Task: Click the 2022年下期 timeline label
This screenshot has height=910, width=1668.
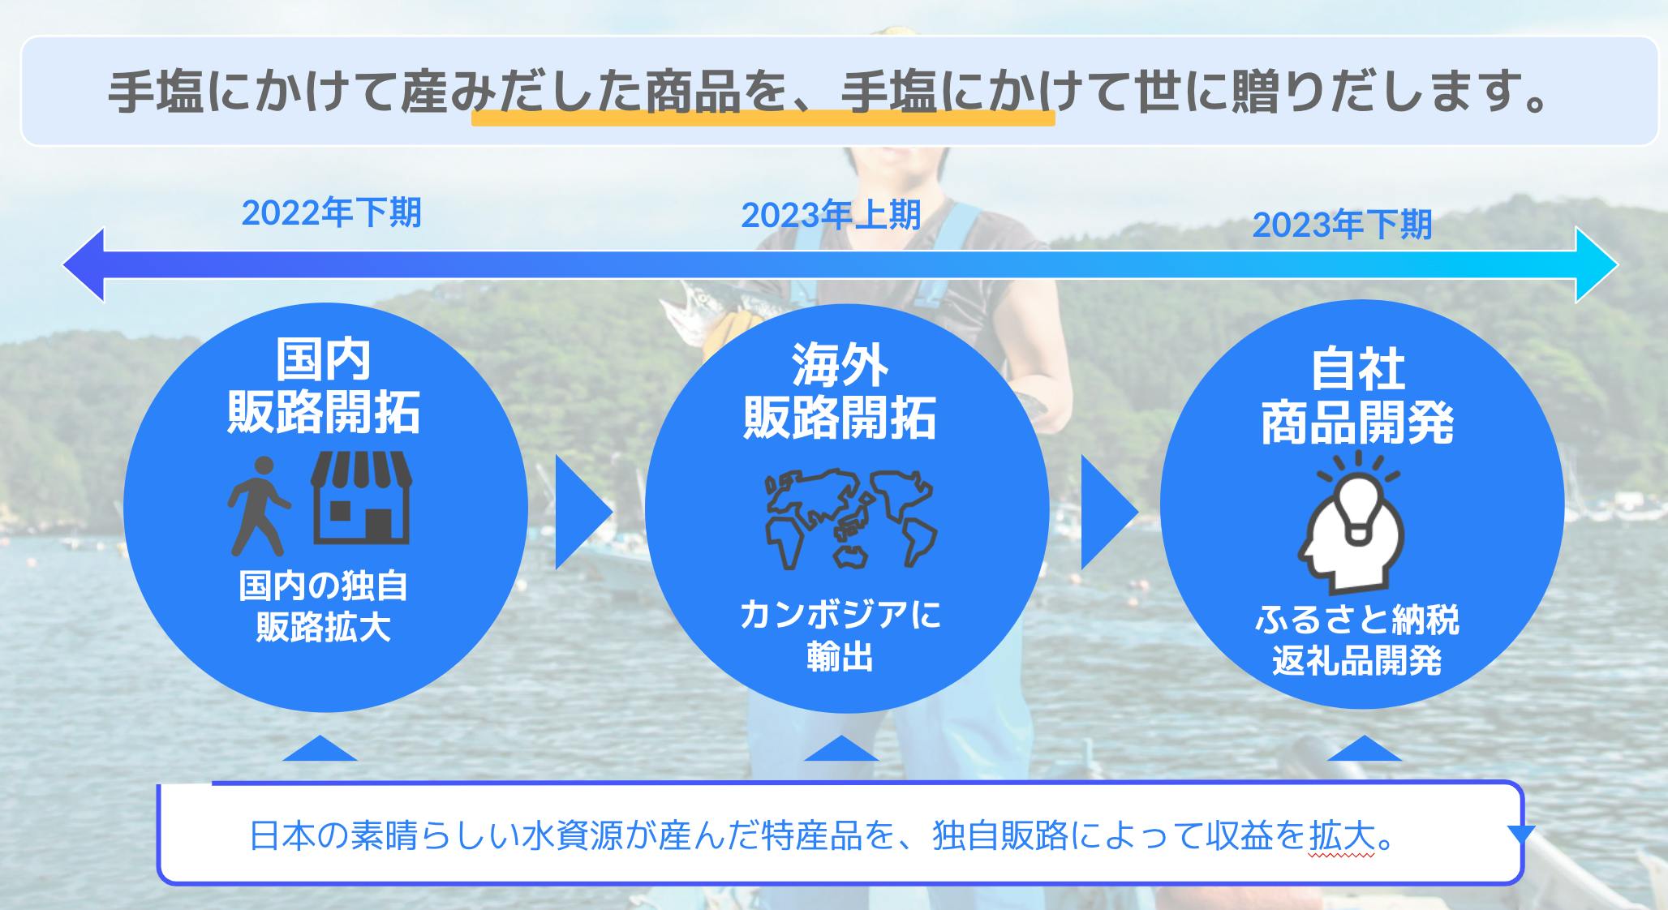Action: click(x=332, y=213)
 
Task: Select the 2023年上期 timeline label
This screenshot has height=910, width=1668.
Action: click(x=831, y=215)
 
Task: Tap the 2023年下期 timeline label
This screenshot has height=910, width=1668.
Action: click(x=1342, y=225)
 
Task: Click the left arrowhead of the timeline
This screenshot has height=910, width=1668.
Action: click(x=84, y=264)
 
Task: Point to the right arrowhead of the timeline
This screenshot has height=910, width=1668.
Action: click(x=1597, y=264)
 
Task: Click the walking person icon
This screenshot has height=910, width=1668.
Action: click(x=258, y=506)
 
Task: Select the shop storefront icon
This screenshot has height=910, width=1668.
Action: click(x=362, y=497)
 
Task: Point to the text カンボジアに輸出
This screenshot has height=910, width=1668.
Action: click(x=840, y=636)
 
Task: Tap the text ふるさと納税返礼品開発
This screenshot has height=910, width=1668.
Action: click(x=1356, y=642)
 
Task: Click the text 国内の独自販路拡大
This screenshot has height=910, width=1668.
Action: click(x=324, y=607)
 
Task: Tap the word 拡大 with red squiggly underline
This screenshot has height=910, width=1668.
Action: click(x=1343, y=836)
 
